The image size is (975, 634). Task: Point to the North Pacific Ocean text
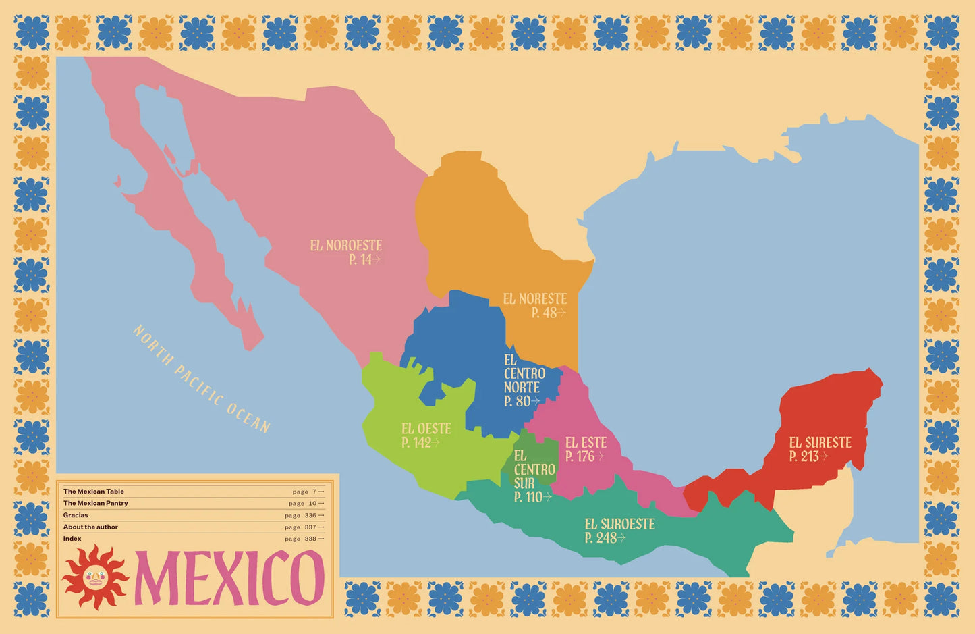coord(202,379)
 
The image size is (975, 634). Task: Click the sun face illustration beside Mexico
coord(95,577)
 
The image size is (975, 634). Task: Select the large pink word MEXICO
coord(229,578)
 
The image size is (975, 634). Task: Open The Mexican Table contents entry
coord(94,492)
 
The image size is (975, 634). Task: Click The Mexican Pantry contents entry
coord(96,503)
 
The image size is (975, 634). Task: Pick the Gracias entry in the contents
coord(76,515)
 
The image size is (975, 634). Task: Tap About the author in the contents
coord(90,527)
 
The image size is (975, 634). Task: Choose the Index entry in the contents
coord(72,539)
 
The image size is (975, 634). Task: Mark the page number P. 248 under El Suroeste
coord(605,538)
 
